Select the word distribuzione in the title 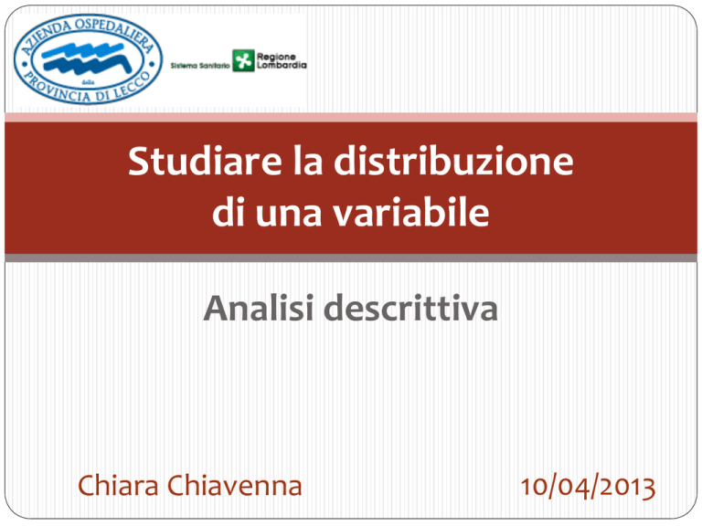click(x=453, y=161)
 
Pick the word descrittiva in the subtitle click(x=411, y=308)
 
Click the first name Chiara click(x=118, y=485)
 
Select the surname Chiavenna click(x=235, y=485)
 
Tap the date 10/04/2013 click(x=588, y=487)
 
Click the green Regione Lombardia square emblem click(x=243, y=61)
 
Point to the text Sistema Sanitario click(x=200, y=66)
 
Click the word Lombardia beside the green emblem click(x=282, y=66)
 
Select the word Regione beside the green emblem click(x=276, y=57)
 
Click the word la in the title click(x=308, y=161)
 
